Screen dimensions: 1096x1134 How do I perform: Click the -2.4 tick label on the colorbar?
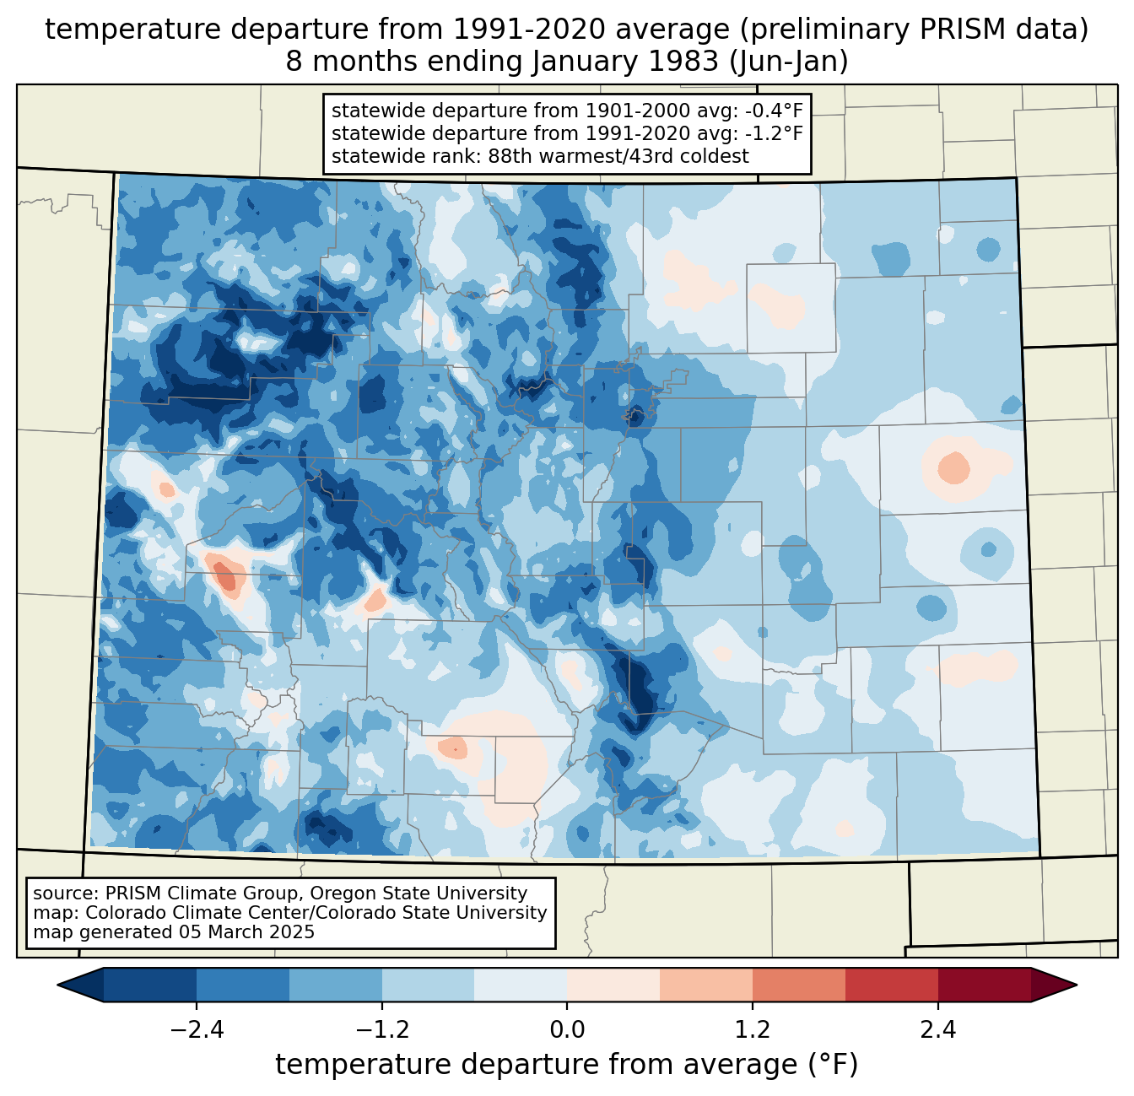[x=197, y=1030]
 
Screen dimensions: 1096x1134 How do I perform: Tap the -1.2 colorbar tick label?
[x=382, y=1030]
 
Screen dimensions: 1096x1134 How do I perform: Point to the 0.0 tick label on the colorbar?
[x=567, y=1030]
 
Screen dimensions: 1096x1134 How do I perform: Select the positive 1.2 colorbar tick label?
[x=753, y=1030]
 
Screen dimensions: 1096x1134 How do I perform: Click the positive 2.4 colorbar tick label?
[x=937, y=1030]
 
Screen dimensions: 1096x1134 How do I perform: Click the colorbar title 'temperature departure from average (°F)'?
[x=566, y=1065]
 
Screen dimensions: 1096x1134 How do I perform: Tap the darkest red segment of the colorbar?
[x=984, y=985]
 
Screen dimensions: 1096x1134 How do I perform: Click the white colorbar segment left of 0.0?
[x=521, y=985]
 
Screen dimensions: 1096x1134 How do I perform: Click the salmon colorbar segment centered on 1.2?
[x=753, y=985]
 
